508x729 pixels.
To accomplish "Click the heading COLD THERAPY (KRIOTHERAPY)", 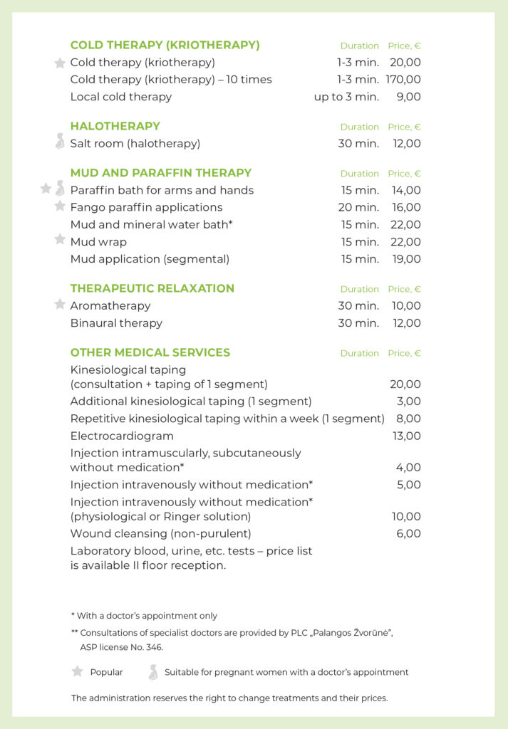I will [165, 45].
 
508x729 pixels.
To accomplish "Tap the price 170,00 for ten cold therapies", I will [403, 80].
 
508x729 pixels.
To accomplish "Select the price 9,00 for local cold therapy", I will [408, 97].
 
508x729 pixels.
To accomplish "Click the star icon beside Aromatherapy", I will [60, 305].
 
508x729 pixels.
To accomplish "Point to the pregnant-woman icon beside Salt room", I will [60, 142].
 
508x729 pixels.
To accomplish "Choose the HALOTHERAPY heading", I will [115, 126].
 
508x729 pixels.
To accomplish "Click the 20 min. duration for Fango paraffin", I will [358, 207].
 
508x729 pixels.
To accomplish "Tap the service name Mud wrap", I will [98, 242].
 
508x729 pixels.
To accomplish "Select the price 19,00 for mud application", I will [406, 259].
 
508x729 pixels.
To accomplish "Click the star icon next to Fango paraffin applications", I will [60, 206].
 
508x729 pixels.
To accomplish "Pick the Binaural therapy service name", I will [116, 323].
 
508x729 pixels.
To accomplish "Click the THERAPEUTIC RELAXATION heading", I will [152, 288].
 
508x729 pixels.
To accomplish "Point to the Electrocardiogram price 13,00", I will [406, 436].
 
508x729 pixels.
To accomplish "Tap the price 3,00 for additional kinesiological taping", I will [408, 402].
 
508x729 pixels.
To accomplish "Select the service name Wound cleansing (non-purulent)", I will [160, 533].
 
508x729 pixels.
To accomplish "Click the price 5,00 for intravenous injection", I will [408, 485].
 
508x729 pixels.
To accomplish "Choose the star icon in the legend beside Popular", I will [78, 671].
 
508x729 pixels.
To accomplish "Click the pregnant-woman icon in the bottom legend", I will [152, 672].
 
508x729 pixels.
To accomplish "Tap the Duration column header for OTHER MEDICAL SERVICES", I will [359, 353].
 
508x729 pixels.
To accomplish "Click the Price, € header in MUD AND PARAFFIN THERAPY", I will [404, 174].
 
